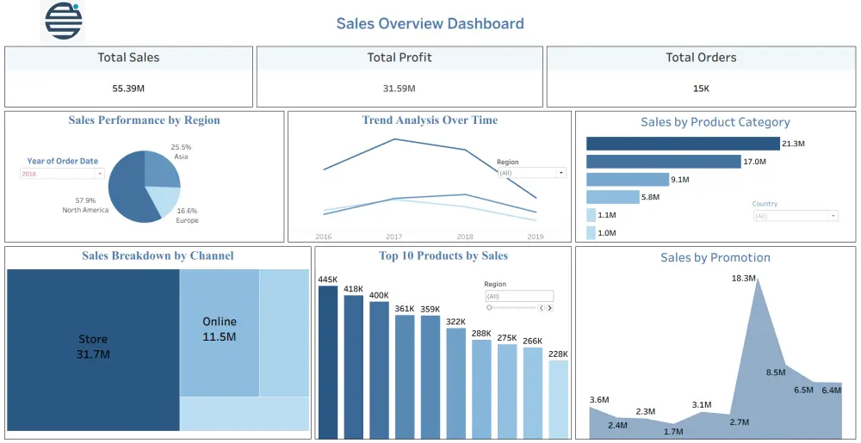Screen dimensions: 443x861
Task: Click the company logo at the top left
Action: [x=64, y=22]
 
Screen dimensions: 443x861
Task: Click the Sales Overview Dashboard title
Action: [x=430, y=23]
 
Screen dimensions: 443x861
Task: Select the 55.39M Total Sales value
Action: [x=128, y=89]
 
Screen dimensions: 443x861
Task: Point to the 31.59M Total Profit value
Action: [x=400, y=89]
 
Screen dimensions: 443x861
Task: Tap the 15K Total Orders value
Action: [x=701, y=89]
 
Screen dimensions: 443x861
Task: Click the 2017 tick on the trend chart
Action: [x=393, y=237]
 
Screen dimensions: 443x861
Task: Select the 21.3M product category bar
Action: [x=683, y=144]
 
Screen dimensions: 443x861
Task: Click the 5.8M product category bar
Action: [x=612, y=197]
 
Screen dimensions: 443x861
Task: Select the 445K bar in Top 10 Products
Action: [x=328, y=361]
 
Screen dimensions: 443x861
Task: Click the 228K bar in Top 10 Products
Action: [x=558, y=398]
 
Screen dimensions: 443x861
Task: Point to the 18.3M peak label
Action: [x=744, y=279]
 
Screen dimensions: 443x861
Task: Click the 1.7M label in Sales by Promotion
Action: [x=674, y=432]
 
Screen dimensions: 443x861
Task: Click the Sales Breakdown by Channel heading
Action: [x=158, y=255]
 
